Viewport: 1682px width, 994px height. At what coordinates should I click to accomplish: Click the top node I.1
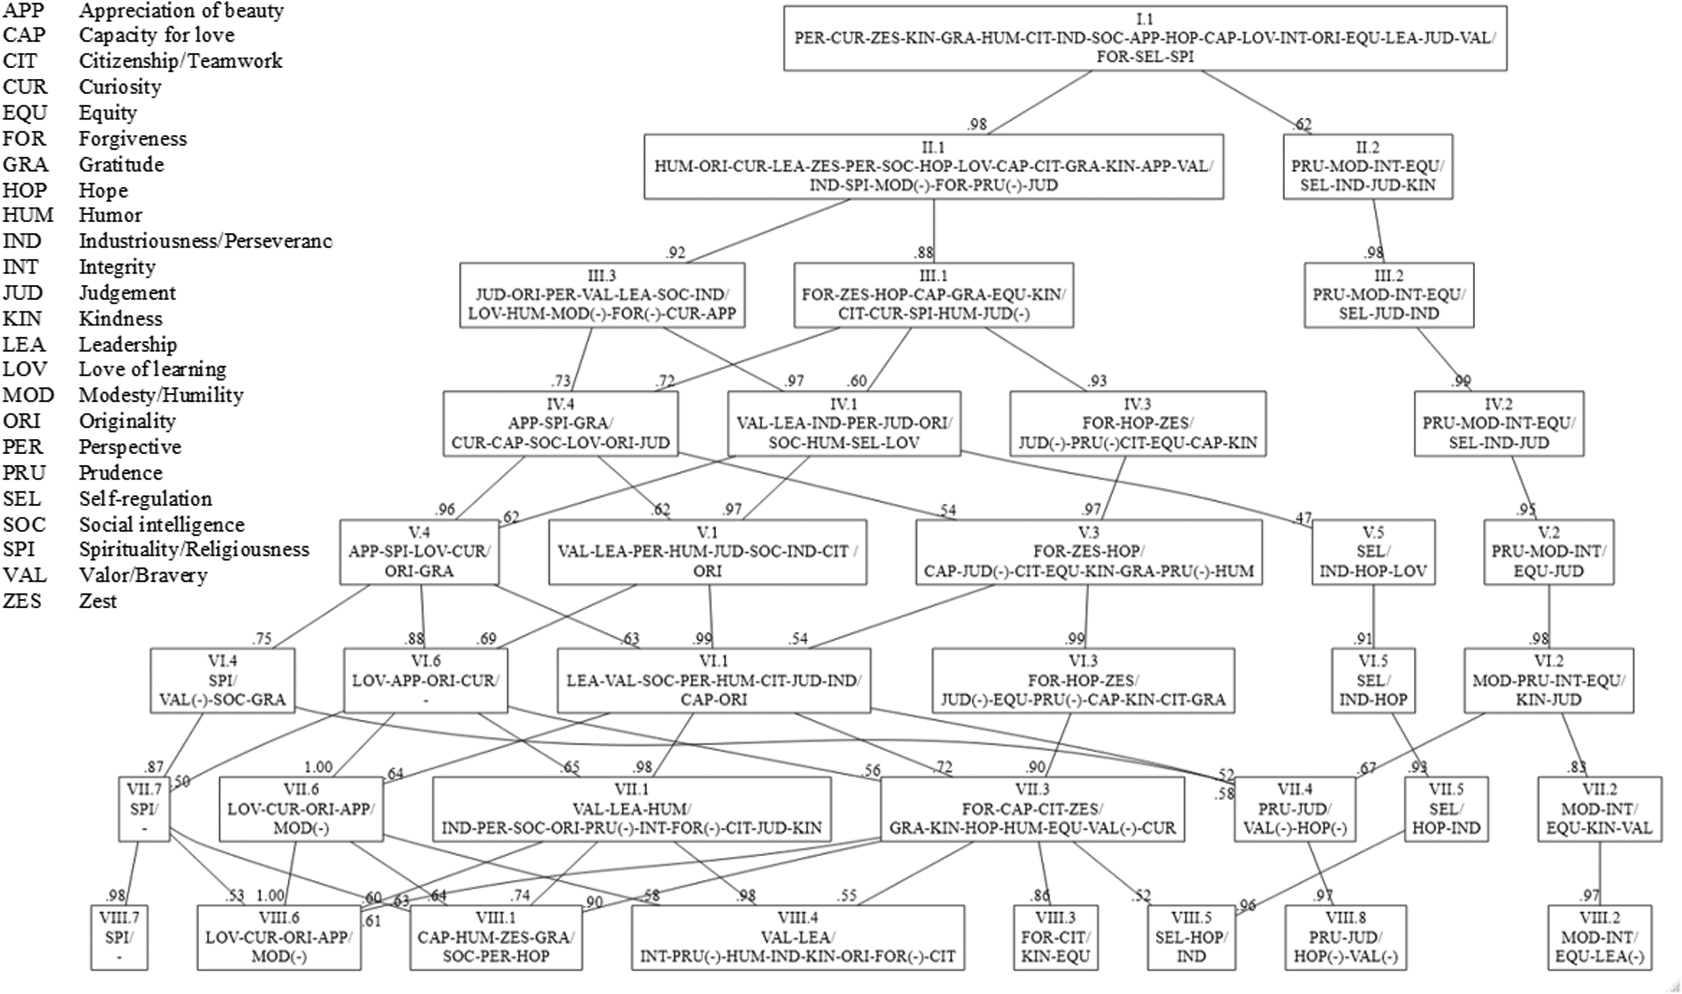tap(1145, 38)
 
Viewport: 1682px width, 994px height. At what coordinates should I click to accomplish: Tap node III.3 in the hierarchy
tap(602, 295)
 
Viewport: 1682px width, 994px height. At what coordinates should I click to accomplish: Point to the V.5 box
tap(1373, 553)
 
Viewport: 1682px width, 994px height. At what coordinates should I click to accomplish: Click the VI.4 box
tap(222, 681)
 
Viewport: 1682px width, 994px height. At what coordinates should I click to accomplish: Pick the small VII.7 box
tap(144, 809)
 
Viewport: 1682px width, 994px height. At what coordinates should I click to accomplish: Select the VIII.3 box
tap(1055, 938)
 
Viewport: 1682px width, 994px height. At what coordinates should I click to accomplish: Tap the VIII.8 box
tap(1345, 938)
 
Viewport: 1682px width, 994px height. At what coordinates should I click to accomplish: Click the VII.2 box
tap(1600, 809)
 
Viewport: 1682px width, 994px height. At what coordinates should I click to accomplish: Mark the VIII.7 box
tap(119, 938)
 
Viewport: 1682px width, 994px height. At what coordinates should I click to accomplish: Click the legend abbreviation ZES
tap(22, 601)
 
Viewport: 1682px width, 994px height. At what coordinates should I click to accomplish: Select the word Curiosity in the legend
tap(120, 87)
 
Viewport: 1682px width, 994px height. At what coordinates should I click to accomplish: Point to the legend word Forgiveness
tap(133, 139)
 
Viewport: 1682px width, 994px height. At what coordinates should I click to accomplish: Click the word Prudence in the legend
tap(120, 473)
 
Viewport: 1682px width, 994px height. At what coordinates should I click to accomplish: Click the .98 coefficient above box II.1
tap(977, 124)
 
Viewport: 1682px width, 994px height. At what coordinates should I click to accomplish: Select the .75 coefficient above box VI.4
tap(262, 638)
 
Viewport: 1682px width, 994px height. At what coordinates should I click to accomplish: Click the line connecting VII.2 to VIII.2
tap(1600, 874)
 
